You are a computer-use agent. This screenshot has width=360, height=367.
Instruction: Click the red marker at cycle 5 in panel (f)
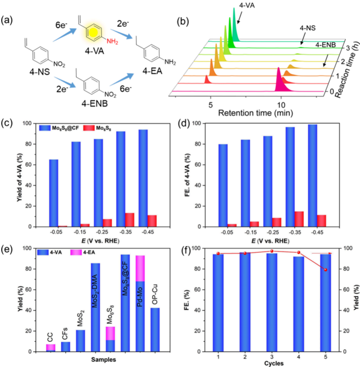[x=326, y=270]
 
